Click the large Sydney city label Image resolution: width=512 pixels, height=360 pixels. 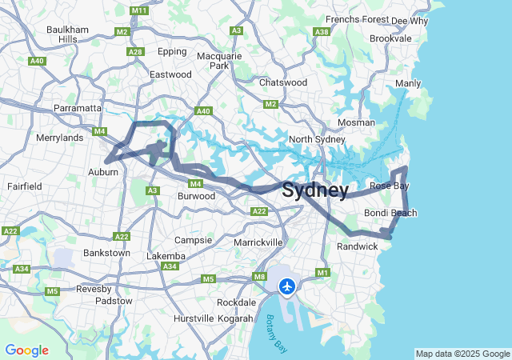click(x=315, y=190)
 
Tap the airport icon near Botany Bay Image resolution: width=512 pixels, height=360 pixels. click(x=287, y=286)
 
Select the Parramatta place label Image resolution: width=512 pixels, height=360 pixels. click(x=78, y=108)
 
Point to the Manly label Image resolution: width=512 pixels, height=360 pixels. click(x=407, y=83)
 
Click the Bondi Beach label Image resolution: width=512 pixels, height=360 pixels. click(x=390, y=213)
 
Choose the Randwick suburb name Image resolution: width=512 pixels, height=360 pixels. click(x=357, y=246)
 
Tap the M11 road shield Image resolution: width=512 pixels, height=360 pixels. click(x=138, y=10)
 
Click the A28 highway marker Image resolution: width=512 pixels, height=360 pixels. click(x=135, y=52)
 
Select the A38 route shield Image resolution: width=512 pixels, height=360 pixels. click(x=322, y=32)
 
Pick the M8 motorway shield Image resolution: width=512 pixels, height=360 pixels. click(x=260, y=277)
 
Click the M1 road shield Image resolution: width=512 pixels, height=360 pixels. click(x=323, y=273)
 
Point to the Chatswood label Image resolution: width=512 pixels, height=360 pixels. click(x=283, y=82)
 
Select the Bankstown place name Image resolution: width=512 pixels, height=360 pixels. click(x=106, y=253)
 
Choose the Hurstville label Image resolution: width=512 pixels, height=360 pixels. click(x=194, y=318)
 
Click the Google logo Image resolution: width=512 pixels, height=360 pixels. click(x=26, y=350)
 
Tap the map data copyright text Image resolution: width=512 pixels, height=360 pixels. click(x=462, y=354)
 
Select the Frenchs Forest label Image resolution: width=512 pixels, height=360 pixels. click(x=357, y=20)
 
